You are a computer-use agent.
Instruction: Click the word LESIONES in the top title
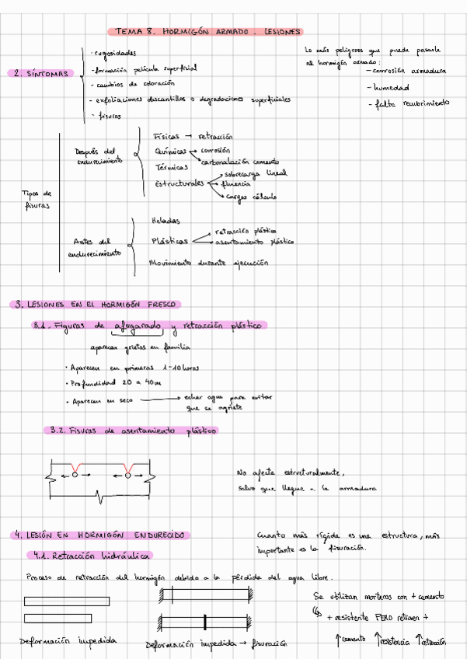point(281,33)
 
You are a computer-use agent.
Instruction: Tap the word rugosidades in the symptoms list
point(114,54)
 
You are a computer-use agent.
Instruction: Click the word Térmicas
point(171,167)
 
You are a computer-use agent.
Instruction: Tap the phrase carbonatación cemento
point(240,162)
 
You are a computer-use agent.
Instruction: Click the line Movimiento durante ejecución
point(208,263)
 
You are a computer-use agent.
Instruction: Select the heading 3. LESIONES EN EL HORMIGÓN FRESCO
point(96,305)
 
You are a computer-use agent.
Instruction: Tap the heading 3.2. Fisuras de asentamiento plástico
point(133,431)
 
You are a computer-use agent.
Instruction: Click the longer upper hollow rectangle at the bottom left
point(66,601)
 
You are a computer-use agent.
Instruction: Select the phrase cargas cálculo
point(251,197)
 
